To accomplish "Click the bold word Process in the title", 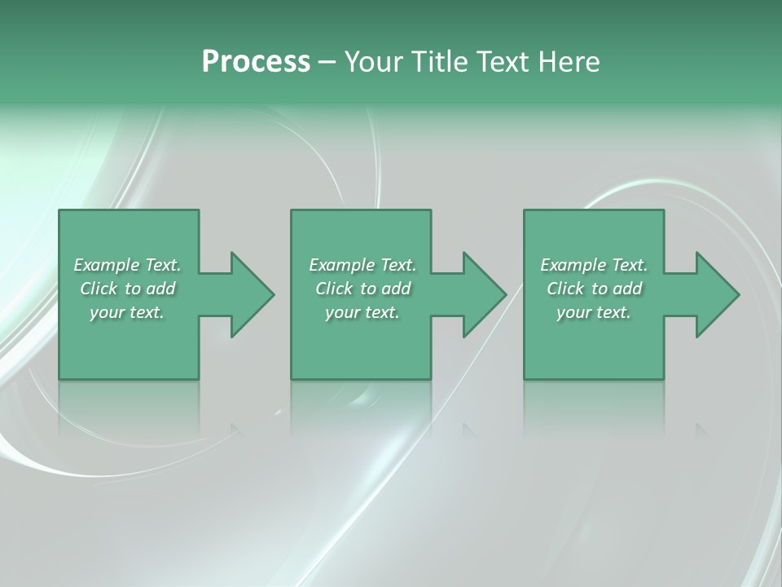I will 256,62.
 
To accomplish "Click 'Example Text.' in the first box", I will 127,265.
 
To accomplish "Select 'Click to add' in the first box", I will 127,289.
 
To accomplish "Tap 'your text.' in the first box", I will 127,312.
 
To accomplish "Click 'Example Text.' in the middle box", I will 362,265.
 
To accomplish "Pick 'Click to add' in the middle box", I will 362,289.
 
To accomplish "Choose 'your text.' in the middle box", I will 362,312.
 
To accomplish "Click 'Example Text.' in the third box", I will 594,265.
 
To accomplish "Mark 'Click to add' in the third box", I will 594,289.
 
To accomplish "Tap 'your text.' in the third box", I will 594,312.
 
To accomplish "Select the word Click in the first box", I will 99,289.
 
